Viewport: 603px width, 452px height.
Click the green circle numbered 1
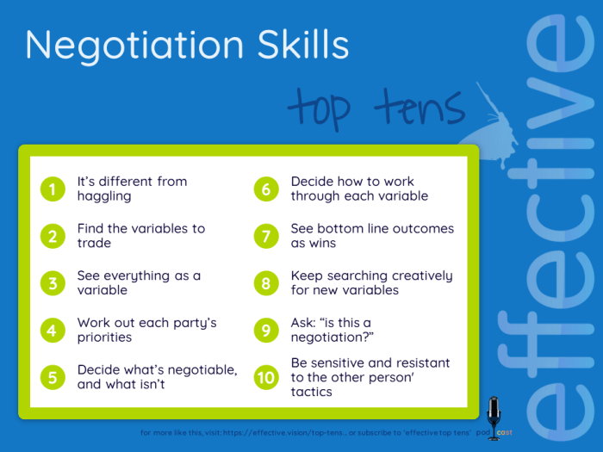point(53,189)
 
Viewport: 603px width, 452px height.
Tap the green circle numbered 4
point(53,330)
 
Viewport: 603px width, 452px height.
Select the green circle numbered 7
point(266,236)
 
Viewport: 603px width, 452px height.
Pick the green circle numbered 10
point(266,377)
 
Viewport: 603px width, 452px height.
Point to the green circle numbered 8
point(266,282)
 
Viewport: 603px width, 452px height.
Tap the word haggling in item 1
point(104,196)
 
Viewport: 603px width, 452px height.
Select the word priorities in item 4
point(104,337)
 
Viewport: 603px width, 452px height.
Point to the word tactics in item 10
point(312,392)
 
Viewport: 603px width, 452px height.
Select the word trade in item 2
point(94,244)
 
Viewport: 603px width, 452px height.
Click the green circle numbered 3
point(53,282)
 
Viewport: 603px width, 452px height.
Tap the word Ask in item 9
point(304,323)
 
